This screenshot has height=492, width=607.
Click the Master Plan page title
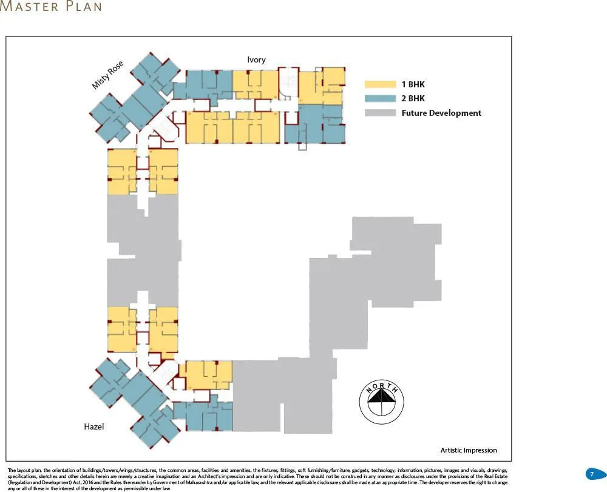[x=51, y=7]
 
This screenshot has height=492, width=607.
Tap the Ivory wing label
[x=256, y=59]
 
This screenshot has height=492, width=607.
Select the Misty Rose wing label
[x=108, y=75]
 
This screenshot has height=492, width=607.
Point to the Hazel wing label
[x=93, y=427]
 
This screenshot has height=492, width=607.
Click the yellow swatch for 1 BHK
[x=380, y=84]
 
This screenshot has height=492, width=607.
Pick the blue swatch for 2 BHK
[x=380, y=98]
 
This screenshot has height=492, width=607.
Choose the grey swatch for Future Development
[x=380, y=113]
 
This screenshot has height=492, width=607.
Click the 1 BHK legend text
[x=413, y=84]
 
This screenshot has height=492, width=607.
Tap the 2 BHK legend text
[x=413, y=98]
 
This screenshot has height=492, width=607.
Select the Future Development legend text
[x=441, y=113]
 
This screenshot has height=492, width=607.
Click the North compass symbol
[x=381, y=401]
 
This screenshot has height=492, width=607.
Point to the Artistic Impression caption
[x=468, y=450]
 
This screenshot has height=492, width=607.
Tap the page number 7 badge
[x=592, y=474]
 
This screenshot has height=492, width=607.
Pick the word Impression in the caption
[x=480, y=450]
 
